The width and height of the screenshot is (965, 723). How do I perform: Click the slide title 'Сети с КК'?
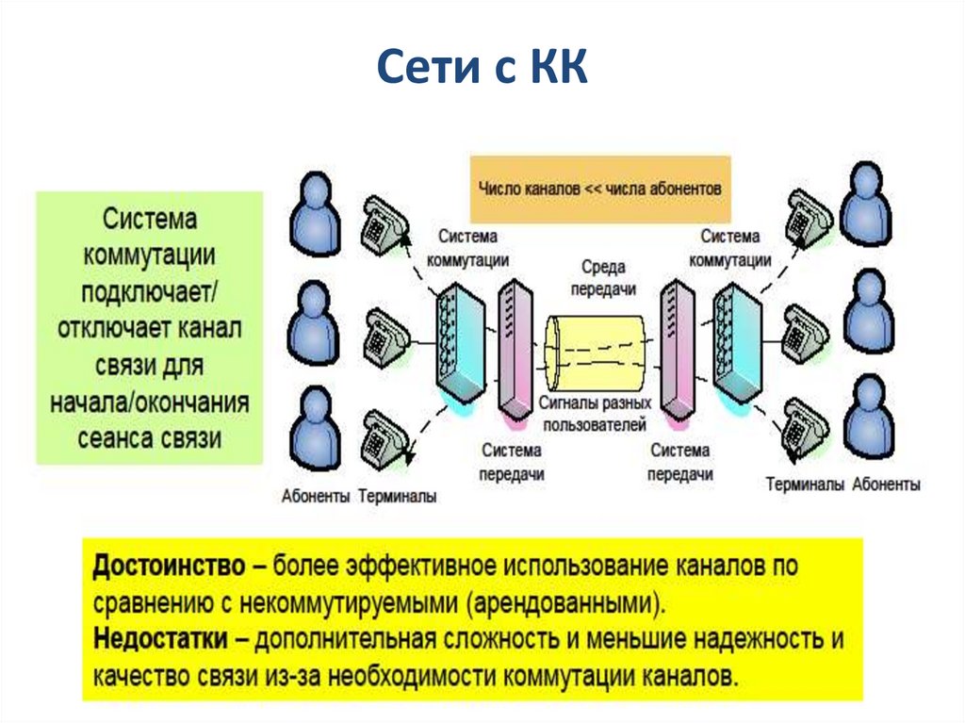pos(482,72)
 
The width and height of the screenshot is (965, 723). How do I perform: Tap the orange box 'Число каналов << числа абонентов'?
pos(599,188)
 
